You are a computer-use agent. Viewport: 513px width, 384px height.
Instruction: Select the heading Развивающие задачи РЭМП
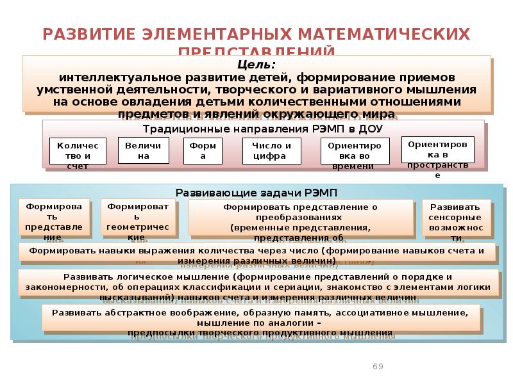256,192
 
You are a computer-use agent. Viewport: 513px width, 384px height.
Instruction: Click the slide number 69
378,366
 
